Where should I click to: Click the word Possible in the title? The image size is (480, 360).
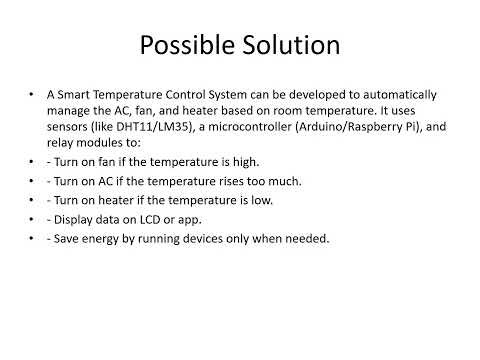(x=187, y=46)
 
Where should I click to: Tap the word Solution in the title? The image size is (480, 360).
(x=291, y=46)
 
